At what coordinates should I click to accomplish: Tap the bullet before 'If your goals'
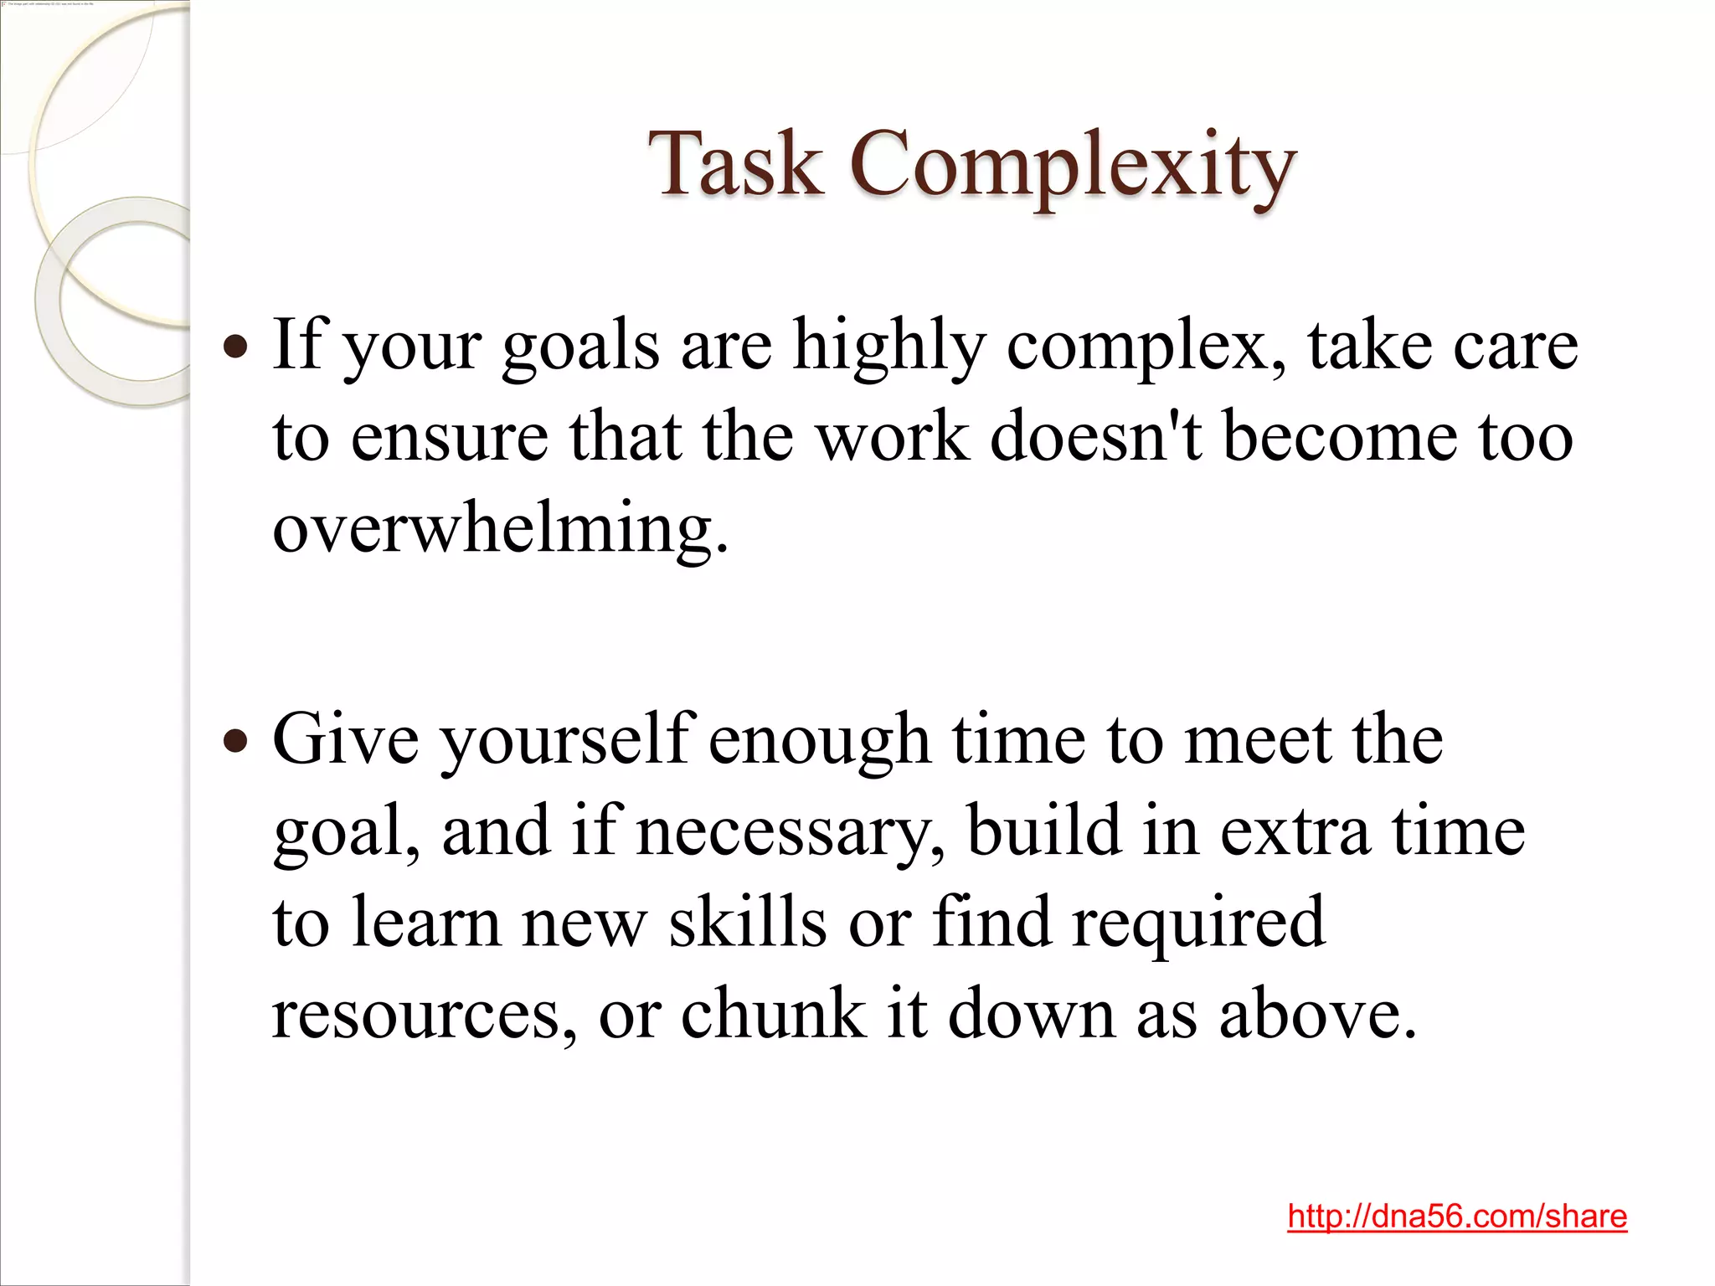(x=237, y=346)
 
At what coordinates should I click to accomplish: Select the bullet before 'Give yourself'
(x=237, y=740)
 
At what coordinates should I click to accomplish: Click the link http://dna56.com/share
(x=1457, y=1216)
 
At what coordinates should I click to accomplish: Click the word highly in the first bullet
(x=888, y=346)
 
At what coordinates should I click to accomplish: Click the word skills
(x=748, y=923)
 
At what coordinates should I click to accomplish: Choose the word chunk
(x=773, y=1014)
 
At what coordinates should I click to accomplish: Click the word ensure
(x=449, y=437)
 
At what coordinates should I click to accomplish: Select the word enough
(x=819, y=740)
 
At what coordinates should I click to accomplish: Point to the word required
(x=1198, y=923)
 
